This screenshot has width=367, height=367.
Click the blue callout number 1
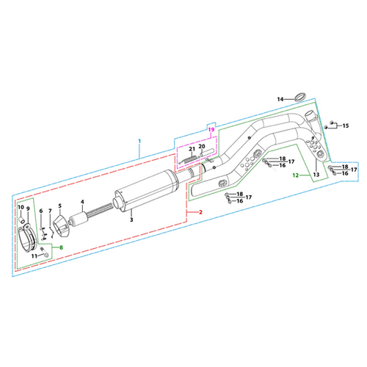(x=139, y=141)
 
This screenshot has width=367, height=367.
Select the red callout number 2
(x=200, y=212)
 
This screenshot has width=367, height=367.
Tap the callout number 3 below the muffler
(x=131, y=219)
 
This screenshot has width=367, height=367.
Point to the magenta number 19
(x=211, y=129)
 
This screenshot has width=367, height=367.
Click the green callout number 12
(x=296, y=175)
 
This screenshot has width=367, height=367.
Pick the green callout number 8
(x=61, y=247)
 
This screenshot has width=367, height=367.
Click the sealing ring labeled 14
(x=300, y=97)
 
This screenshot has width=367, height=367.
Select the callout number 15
(x=346, y=126)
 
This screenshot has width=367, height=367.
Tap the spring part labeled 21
(x=188, y=159)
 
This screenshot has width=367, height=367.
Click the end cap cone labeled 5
(x=61, y=226)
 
